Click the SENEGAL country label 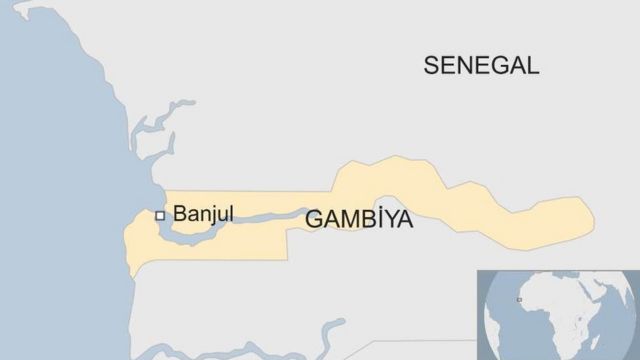click(481, 66)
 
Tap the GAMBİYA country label click(359, 220)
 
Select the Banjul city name click(203, 213)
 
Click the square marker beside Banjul click(159, 214)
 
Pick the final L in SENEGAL click(533, 66)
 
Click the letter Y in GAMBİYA click(387, 220)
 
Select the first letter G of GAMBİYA click(313, 220)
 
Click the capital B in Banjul click(180, 213)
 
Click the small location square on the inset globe click(518, 299)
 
